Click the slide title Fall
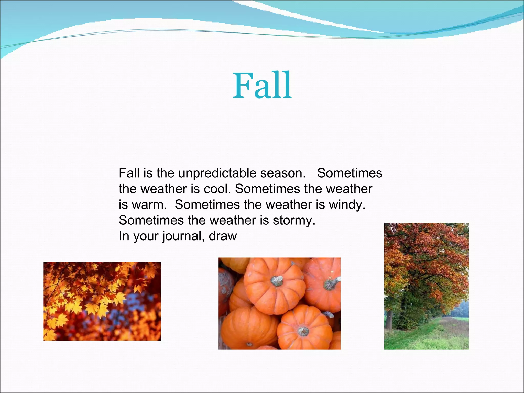point(262,86)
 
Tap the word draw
point(223,236)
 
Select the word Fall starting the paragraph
point(129,173)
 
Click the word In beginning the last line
point(124,236)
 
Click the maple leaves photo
point(102,301)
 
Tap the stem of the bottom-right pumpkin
point(303,331)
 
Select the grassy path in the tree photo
point(430,335)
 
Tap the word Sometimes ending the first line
point(350,173)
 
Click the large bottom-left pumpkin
point(248,327)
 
